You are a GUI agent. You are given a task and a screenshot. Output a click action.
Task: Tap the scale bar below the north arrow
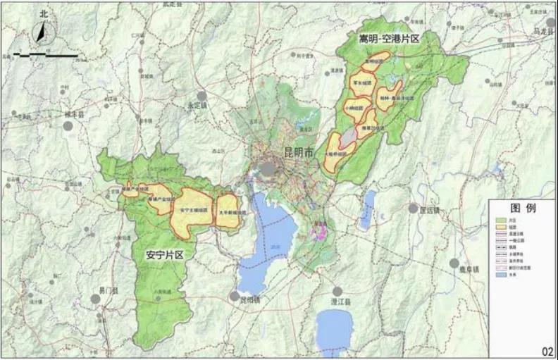tap(46, 54)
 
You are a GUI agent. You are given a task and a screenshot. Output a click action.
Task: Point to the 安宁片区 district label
tap(165, 254)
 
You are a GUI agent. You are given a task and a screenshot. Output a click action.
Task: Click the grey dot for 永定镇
tap(202, 96)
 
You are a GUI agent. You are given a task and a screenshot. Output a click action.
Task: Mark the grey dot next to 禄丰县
tap(68, 126)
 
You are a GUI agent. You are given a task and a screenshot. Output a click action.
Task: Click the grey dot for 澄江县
tap(338, 291)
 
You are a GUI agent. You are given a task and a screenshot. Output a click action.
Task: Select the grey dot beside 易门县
tap(95, 299)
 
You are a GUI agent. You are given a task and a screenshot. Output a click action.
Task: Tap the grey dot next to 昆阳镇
tap(234, 297)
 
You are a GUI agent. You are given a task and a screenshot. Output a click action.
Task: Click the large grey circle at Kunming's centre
tap(268, 169)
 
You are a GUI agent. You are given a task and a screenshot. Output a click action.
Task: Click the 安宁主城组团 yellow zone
tap(193, 208)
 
